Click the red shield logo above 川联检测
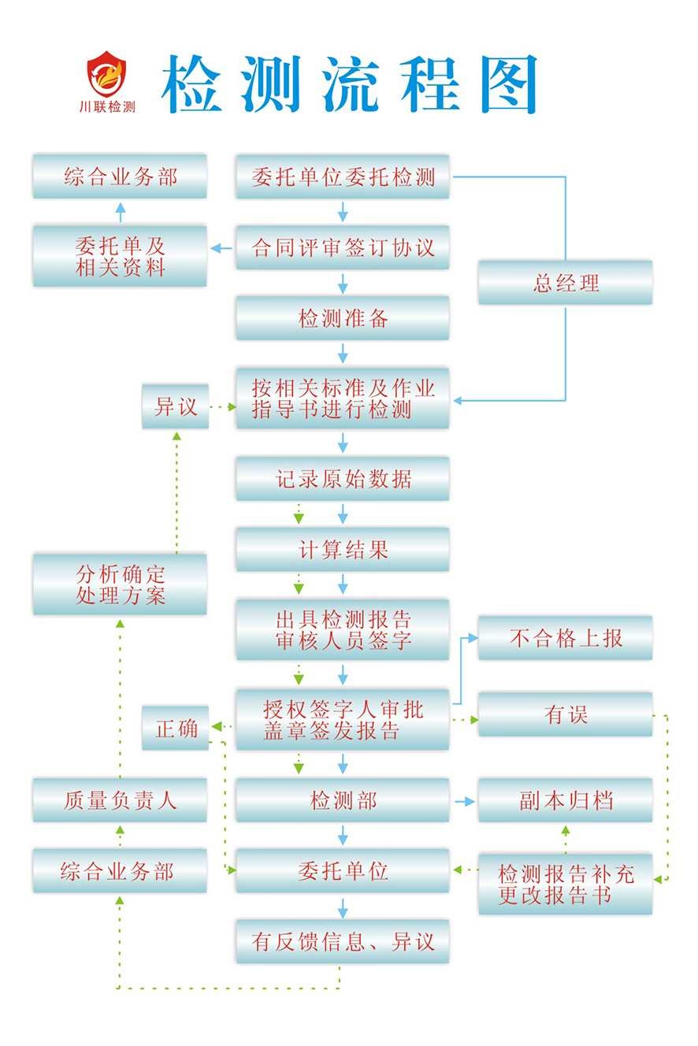coord(109,73)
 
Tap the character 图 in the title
coord(504,83)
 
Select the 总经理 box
coord(565,283)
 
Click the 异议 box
coord(175,406)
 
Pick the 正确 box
coord(175,728)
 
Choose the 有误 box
coord(565,714)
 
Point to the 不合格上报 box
coord(565,638)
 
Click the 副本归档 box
coord(565,801)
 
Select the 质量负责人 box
coord(120,801)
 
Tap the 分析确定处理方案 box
coord(120,584)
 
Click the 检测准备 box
coord(343,318)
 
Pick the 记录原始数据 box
coord(343,479)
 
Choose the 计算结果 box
coord(343,550)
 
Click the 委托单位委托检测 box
coord(343,176)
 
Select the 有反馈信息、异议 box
coord(343,941)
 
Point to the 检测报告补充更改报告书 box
coord(565,884)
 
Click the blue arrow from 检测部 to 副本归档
coord(465,801)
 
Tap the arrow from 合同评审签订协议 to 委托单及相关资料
coord(221,248)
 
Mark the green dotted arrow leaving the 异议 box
coord(223,407)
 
